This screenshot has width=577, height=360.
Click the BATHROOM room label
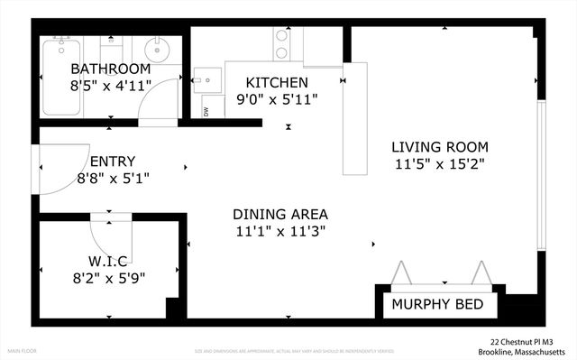(110, 69)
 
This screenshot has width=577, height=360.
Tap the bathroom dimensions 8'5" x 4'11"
(110, 88)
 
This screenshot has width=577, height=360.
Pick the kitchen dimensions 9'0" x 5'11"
(277, 99)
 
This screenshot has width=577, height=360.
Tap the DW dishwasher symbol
(206, 112)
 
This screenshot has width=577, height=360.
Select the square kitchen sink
(208, 80)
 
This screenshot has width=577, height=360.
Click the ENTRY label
(113, 162)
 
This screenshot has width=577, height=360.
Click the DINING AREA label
(280, 215)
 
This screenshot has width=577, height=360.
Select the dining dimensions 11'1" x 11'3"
(280, 231)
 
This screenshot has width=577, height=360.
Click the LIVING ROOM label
(440, 147)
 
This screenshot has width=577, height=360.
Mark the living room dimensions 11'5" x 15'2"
(440, 164)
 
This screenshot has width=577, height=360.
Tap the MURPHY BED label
(437, 305)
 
